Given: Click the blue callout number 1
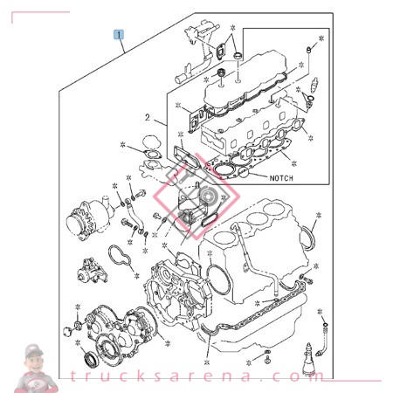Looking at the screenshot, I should [x=120, y=36].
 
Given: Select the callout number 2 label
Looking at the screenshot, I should [x=148, y=117].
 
